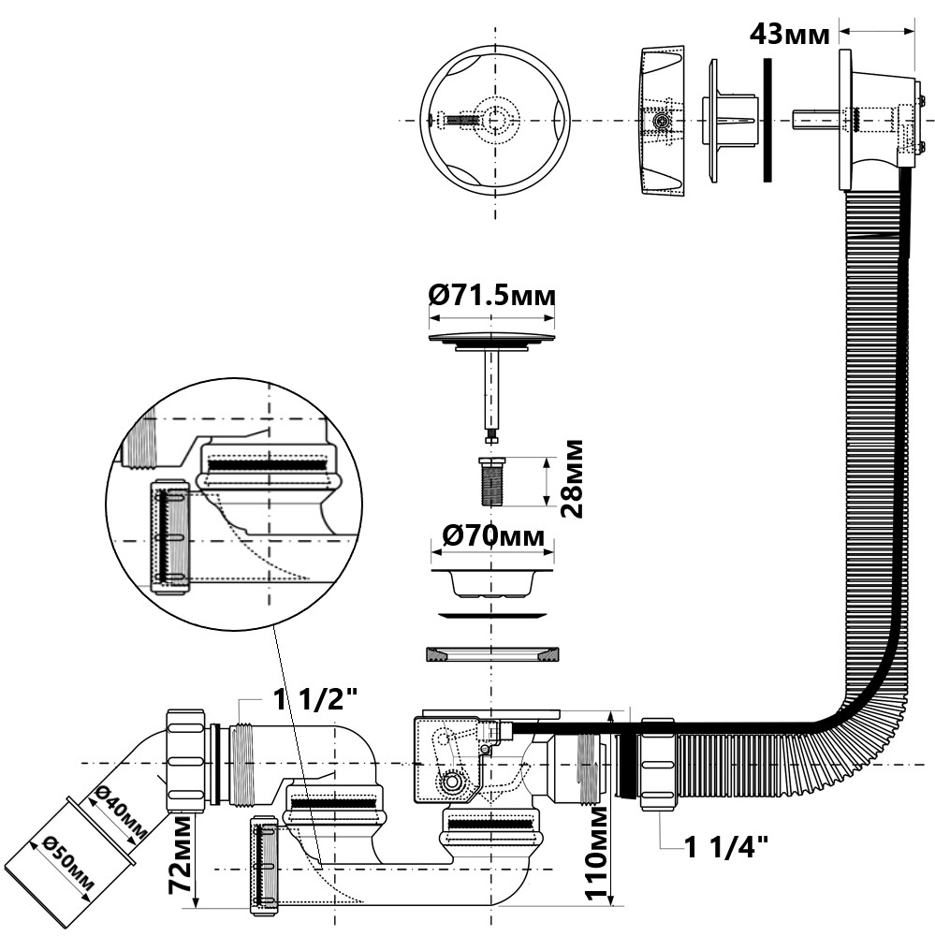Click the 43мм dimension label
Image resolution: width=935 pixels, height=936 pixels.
pos(789,35)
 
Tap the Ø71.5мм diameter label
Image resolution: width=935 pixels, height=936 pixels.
pos(492,296)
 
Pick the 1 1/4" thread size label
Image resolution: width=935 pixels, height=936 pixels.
pos(726,849)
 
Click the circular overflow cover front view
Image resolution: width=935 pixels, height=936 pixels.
pos(495,121)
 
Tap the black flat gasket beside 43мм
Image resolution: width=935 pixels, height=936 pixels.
pos(767,121)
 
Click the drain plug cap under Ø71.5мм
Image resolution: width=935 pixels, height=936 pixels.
pos(492,338)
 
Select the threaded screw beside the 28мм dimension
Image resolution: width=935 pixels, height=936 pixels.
pos(491,480)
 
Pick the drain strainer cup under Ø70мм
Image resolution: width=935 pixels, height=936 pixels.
pos(492,580)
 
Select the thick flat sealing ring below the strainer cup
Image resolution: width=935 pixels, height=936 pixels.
pos(492,653)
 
